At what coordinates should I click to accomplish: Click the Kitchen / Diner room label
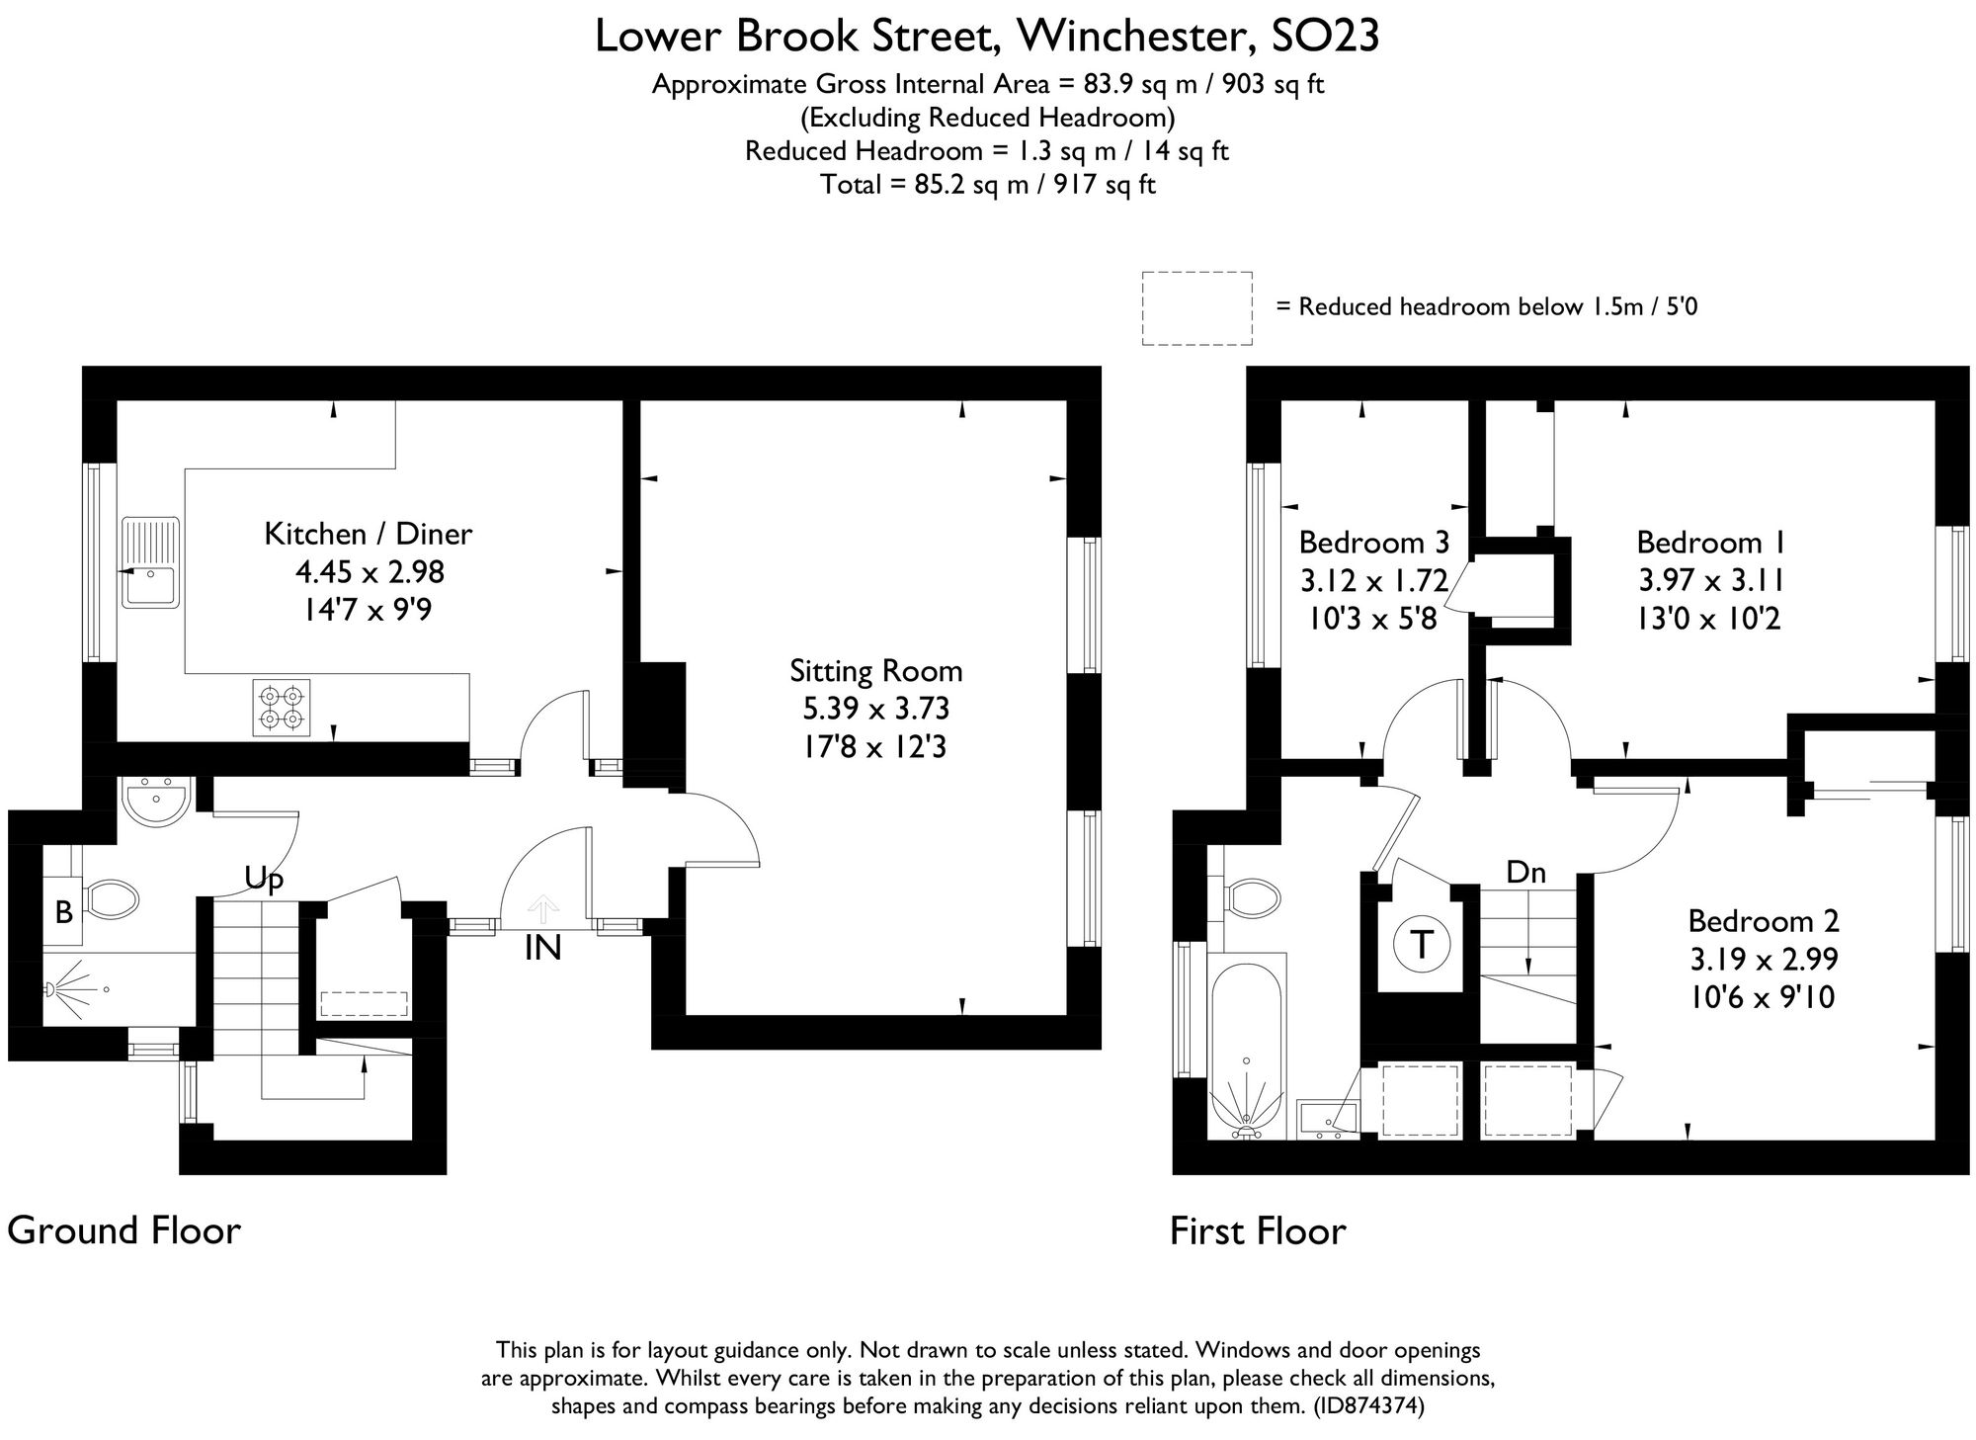coord(368,534)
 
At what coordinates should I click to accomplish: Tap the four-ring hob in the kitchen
coord(281,707)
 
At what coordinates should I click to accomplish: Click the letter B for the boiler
coord(63,912)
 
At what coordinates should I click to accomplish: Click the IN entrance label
coord(542,949)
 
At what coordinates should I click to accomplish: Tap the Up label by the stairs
coord(264,879)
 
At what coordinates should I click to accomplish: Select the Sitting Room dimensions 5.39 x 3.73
coord(875,709)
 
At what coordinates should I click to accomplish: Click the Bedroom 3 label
coord(1373,543)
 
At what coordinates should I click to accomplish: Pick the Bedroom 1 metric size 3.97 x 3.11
coord(1710,580)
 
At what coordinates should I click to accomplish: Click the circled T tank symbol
coord(1421,945)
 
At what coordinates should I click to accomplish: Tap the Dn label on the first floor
coord(1525,872)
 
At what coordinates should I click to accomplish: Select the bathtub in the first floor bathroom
coord(1246,1048)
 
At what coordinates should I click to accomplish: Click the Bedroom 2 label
coord(1763,921)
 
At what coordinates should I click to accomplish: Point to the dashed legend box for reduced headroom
coord(1196,308)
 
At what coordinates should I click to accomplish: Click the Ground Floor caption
coord(123,1231)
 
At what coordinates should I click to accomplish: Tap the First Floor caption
coord(1257,1231)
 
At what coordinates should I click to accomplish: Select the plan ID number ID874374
coord(1368,1405)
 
